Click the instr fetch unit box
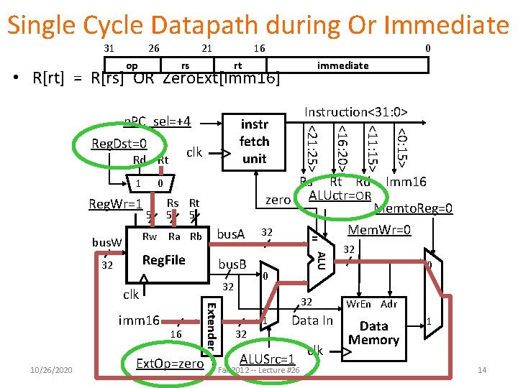pyautogui.click(x=254, y=142)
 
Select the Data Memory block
pyautogui.click(x=373, y=332)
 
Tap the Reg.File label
pyautogui.click(x=163, y=259)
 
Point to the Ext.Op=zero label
pyautogui.click(x=170, y=364)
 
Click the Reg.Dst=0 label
pyautogui.click(x=119, y=144)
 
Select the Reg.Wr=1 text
pyautogui.click(x=114, y=205)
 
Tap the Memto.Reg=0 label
pyautogui.click(x=414, y=209)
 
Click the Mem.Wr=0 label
pyautogui.click(x=379, y=230)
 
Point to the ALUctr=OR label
pyautogui.click(x=340, y=196)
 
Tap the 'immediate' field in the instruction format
pyautogui.click(x=342, y=65)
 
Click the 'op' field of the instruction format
pyautogui.click(x=132, y=65)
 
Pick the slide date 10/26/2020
pyautogui.click(x=51, y=369)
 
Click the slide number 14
pyautogui.click(x=482, y=370)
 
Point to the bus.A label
pyautogui.click(x=231, y=234)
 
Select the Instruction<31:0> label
pyautogui.click(x=355, y=112)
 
